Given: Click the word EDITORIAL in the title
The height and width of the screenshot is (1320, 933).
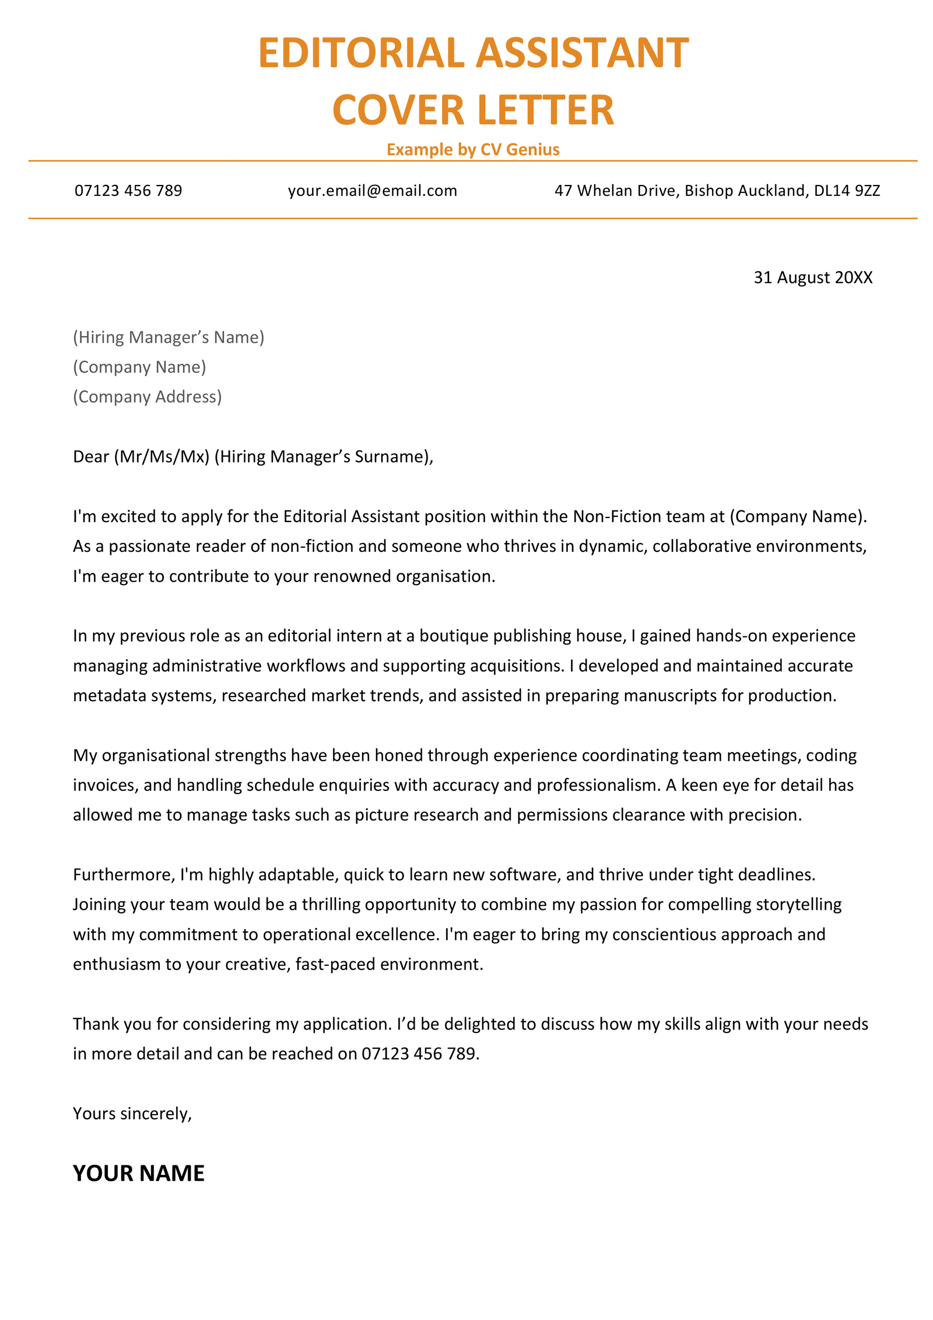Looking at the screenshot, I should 360,53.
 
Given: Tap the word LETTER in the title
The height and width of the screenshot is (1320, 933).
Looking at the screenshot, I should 545,110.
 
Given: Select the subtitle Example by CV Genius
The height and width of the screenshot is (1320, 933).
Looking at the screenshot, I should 472,149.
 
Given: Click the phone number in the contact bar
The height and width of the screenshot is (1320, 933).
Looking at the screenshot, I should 128,191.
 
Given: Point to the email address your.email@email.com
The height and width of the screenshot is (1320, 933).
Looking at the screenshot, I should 372,191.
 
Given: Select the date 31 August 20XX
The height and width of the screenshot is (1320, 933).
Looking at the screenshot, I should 812,277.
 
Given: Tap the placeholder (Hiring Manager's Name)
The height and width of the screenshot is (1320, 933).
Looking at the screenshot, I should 169,337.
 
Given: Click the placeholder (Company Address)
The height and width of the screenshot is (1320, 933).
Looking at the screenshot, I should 147,397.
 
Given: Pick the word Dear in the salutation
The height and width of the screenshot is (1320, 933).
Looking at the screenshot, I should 91,456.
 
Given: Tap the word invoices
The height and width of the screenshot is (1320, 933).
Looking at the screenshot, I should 105,785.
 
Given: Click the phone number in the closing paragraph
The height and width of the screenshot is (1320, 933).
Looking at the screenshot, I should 418,1053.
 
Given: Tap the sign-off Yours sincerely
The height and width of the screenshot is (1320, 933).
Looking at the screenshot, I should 131,1114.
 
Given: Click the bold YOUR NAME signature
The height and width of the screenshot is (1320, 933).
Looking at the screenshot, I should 139,1174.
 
